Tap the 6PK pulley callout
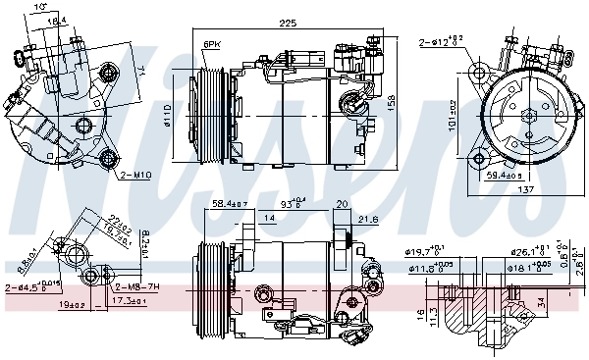click(x=212, y=45)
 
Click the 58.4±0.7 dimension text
click(x=230, y=204)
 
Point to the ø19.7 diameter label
click(x=426, y=251)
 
